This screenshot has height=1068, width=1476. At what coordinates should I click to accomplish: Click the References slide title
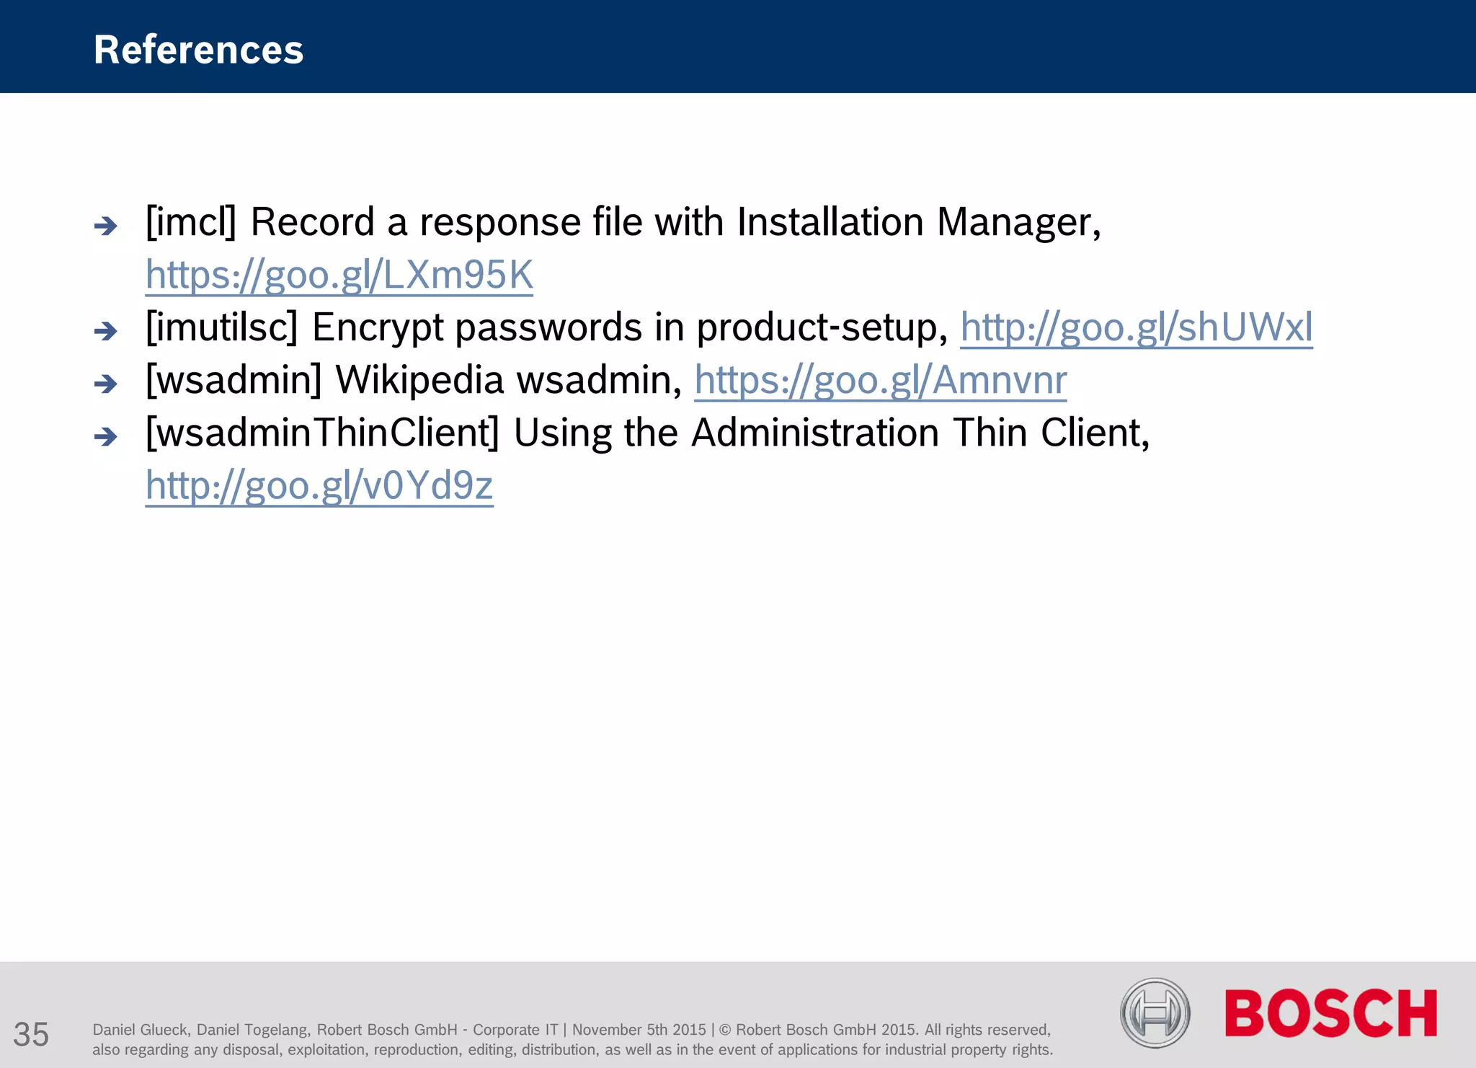pos(198,50)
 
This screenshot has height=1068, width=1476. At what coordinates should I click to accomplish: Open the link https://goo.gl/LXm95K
pos(339,275)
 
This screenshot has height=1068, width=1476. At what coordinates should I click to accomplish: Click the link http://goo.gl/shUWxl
pos(1136,327)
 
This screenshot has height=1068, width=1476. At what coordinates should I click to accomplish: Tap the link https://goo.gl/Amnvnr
pos(880,380)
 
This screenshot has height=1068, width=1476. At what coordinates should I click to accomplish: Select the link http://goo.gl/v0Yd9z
pos(319,485)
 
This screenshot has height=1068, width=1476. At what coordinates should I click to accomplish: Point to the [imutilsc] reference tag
pos(221,327)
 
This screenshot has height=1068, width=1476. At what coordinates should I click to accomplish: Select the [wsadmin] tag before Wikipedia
pos(234,380)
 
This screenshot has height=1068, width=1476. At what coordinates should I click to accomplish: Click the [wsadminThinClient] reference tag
pos(322,433)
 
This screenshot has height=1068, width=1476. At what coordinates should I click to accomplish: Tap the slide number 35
pos(31,1034)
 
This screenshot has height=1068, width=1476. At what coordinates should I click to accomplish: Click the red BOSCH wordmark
pos(1330,1013)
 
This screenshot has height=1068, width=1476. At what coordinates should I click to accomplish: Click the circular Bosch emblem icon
pos(1155,1013)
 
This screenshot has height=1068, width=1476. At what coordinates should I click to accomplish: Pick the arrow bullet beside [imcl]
pos(106,226)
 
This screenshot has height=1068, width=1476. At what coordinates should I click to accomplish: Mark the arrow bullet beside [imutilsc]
pos(106,332)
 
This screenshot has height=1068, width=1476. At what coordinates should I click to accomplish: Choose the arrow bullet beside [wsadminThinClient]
pos(106,437)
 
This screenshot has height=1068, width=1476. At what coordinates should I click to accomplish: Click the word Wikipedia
pos(419,380)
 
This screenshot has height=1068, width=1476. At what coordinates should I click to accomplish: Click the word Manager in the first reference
pos(1018,221)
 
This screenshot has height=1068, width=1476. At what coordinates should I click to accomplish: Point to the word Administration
pos(815,433)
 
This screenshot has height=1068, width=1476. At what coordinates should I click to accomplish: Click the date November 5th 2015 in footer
pos(639,1030)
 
